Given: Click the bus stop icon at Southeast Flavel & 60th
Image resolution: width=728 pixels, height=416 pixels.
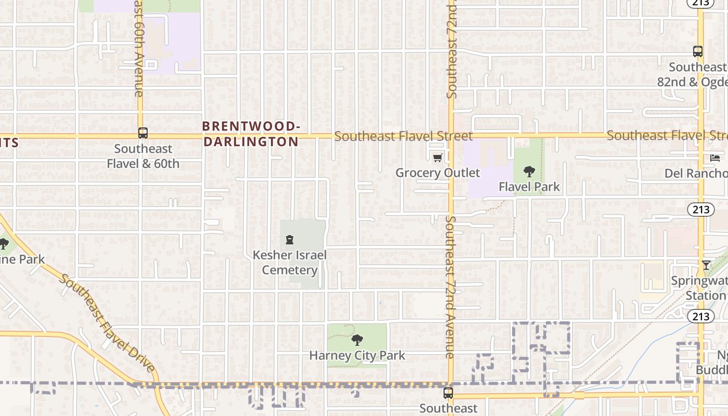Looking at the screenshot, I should (143, 133).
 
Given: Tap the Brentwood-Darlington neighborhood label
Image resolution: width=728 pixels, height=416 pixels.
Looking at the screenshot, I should (251, 134).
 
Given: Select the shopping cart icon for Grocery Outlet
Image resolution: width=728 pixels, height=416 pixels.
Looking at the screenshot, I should (437, 158).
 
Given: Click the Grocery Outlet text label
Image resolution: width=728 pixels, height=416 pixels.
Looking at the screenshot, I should (437, 173).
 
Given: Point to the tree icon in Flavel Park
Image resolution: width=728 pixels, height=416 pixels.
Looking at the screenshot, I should (529, 172).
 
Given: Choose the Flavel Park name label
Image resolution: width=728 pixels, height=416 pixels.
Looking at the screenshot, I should (529, 187).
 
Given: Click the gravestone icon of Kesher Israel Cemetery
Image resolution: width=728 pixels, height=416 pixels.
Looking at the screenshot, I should (290, 240).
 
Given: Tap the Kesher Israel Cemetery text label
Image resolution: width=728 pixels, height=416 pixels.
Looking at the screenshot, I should (290, 263).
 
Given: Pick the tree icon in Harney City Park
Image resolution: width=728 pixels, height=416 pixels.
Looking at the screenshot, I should (357, 341).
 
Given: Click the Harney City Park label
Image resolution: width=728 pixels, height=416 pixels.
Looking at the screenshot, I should (357, 356).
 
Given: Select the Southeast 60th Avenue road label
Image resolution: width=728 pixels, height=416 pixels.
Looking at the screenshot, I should (138, 49).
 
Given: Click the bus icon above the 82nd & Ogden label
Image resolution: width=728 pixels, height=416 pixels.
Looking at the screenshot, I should (698, 51).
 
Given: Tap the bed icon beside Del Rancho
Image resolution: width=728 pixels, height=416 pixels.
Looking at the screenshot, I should (715, 158).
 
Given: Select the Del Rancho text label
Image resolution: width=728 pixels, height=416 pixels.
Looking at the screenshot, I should (696, 173).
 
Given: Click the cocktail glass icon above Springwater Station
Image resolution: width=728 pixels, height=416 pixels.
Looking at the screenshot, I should (706, 265).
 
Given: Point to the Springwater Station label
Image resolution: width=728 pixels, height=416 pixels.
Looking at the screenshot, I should (699, 288).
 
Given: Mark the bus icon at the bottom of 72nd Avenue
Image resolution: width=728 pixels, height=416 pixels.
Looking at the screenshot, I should (448, 393).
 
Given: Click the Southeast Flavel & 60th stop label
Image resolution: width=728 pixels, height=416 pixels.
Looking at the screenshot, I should (143, 156).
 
